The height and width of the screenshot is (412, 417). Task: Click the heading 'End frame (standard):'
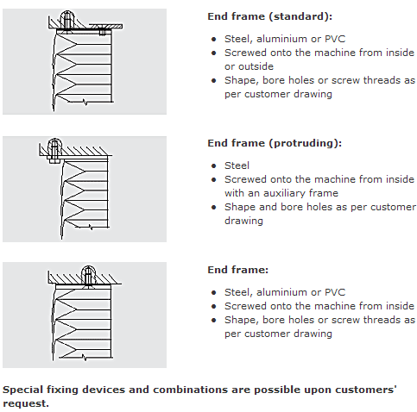click(x=270, y=16)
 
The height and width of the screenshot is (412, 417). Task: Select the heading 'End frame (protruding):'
click(x=275, y=143)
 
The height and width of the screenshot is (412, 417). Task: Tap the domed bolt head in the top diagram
click(x=67, y=18)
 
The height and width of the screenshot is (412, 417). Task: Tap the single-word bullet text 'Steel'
click(x=237, y=165)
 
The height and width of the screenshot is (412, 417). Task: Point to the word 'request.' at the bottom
click(x=26, y=403)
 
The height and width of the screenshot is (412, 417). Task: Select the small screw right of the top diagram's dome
click(x=103, y=30)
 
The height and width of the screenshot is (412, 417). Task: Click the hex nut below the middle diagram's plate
click(x=54, y=160)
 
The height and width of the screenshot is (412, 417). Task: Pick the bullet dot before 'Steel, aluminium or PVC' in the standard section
click(x=213, y=39)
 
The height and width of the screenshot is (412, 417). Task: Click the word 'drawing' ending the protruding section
click(x=243, y=221)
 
